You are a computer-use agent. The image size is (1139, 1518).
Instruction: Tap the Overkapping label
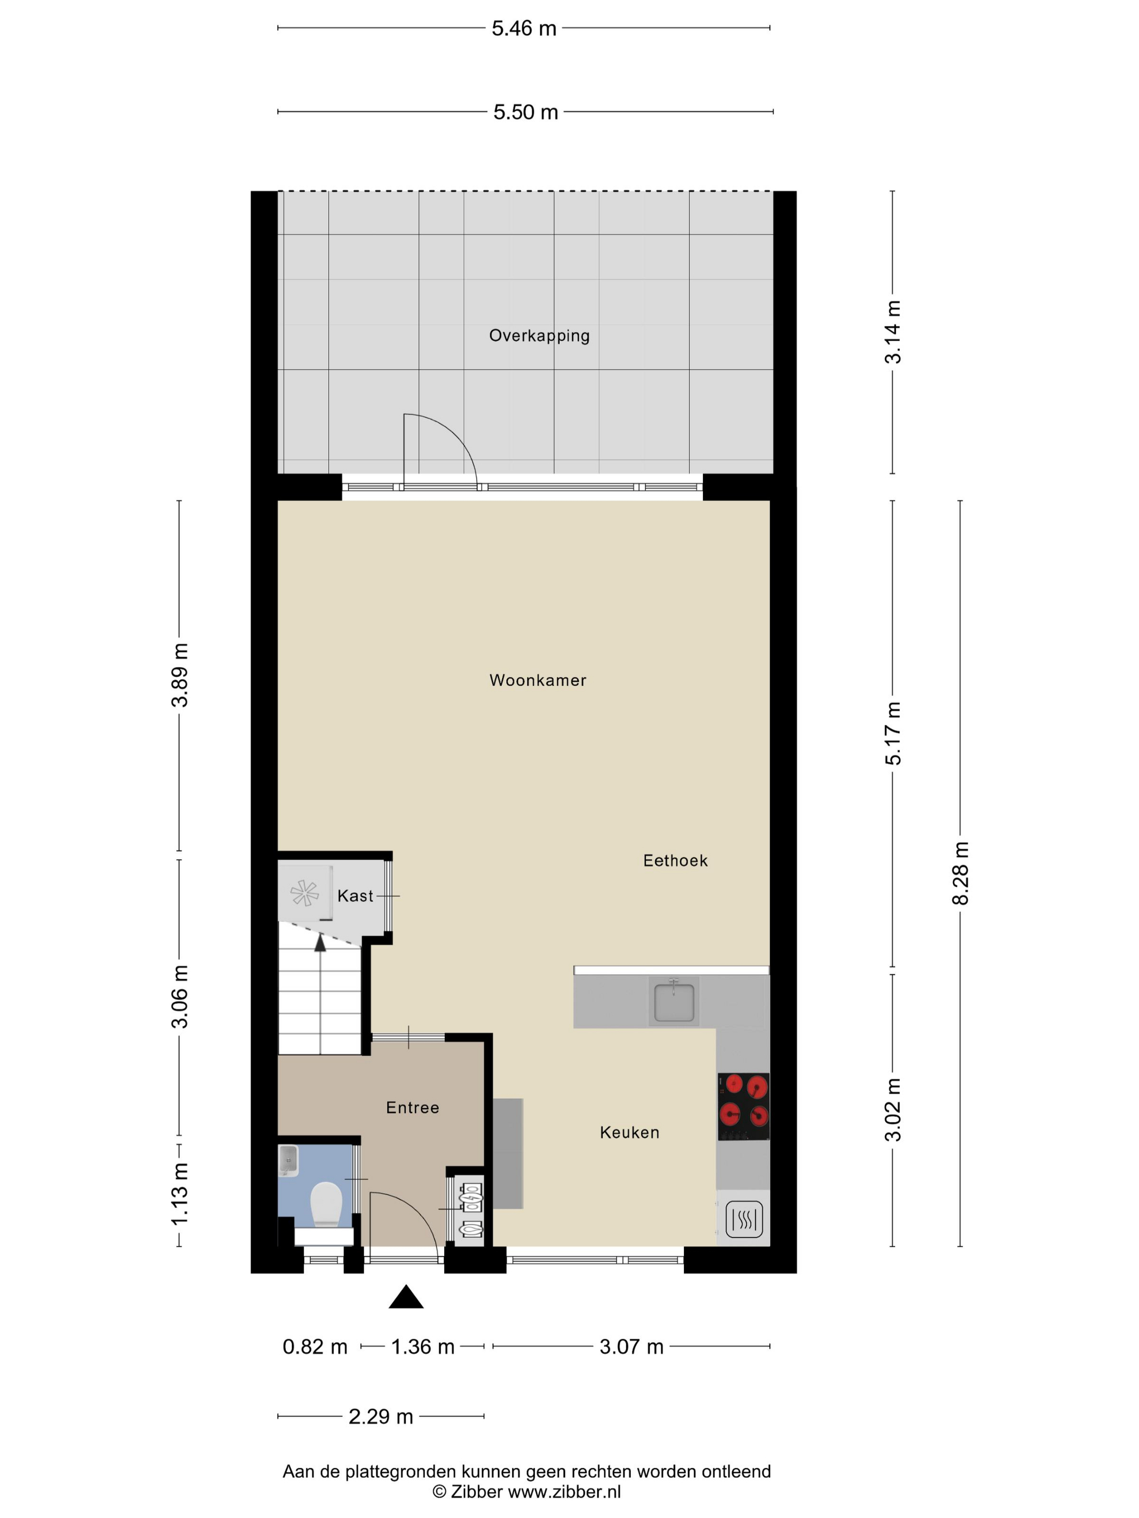(x=539, y=336)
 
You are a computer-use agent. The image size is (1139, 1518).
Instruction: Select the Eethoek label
(x=675, y=860)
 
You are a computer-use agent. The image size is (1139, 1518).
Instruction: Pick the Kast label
(x=355, y=896)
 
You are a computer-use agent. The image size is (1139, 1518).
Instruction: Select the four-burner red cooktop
(x=744, y=1107)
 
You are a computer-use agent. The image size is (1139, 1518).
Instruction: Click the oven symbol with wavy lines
(x=744, y=1219)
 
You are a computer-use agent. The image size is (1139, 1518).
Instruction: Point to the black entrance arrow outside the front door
(x=406, y=1296)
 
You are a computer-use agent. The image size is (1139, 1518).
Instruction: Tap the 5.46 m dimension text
(x=524, y=28)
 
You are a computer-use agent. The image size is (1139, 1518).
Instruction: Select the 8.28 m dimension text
(x=960, y=873)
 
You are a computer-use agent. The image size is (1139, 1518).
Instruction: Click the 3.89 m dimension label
(x=179, y=676)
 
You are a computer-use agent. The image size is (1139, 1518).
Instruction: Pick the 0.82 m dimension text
(x=315, y=1347)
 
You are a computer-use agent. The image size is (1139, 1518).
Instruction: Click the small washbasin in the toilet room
(x=289, y=1161)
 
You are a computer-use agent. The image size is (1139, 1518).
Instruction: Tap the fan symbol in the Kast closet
(x=304, y=893)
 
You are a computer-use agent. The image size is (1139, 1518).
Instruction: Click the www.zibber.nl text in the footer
(x=565, y=1491)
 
